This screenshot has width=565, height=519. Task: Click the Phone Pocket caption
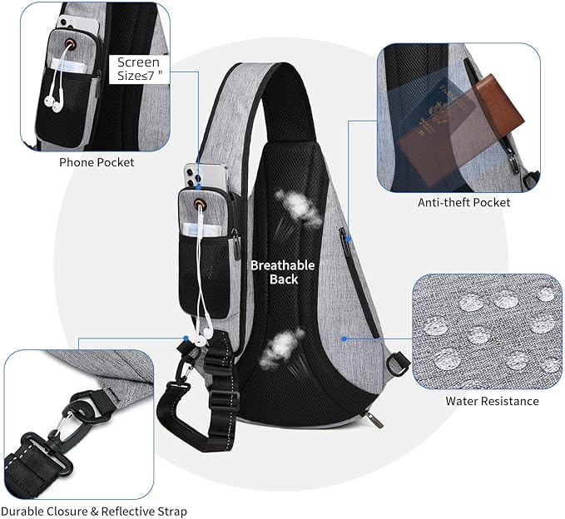97,162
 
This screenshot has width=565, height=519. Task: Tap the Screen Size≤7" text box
139,70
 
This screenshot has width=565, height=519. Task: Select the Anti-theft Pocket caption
464,202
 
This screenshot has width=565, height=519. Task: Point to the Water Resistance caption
493,401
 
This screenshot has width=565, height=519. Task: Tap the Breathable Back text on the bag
283,272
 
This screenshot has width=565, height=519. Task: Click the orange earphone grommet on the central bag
200,204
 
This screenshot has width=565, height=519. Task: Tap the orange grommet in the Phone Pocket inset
69,44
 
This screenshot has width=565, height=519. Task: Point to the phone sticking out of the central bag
206,177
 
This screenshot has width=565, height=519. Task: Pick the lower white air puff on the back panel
282,348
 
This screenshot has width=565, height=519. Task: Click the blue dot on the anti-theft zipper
349,239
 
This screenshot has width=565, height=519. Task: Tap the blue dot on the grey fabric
344,339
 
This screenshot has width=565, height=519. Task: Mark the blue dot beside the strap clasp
186,339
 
